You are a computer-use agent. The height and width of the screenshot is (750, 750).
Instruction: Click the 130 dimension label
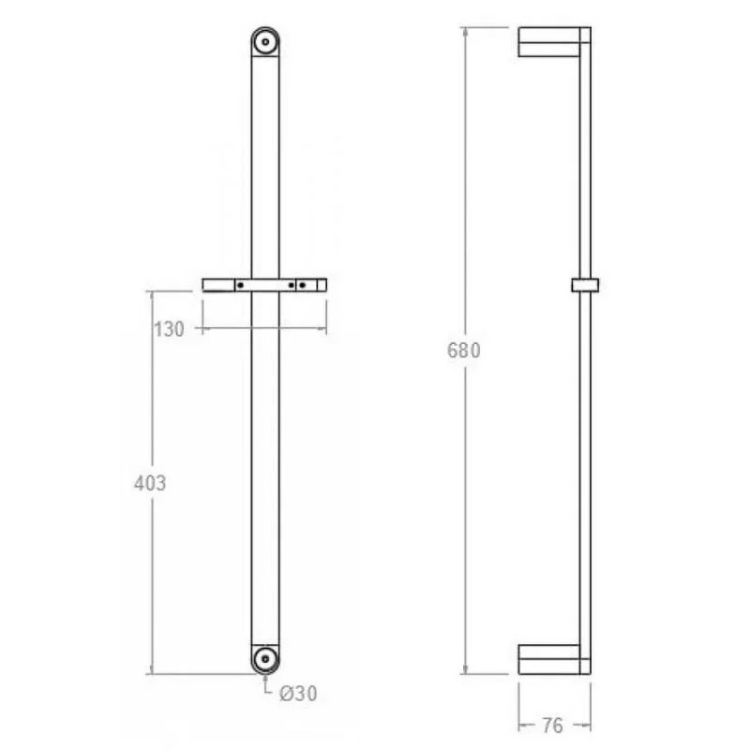click(168, 329)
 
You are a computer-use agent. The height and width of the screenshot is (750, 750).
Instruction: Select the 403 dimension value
click(150, 484)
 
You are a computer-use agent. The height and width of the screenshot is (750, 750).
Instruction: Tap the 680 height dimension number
click(463, 352)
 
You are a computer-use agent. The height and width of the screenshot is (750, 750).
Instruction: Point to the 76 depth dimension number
click(555, 726)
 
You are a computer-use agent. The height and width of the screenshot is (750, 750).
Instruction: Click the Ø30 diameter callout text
click(297, 694)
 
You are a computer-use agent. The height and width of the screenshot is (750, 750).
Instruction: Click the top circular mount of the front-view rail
click(265, 42)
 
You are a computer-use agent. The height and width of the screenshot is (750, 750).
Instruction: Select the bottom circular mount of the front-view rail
click(265, 658)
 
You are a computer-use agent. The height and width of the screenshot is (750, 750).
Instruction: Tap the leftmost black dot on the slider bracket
click(241, 284)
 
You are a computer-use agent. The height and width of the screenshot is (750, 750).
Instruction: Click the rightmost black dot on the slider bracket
click(303, 284)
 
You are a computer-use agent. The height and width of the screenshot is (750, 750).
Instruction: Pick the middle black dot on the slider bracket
click(291, 284)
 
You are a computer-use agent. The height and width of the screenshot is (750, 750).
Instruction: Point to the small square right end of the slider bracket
click(320, 284)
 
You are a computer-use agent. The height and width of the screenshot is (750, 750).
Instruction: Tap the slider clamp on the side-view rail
click(585, 284)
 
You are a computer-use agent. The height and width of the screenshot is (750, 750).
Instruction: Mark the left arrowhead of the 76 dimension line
click(522, 725)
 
